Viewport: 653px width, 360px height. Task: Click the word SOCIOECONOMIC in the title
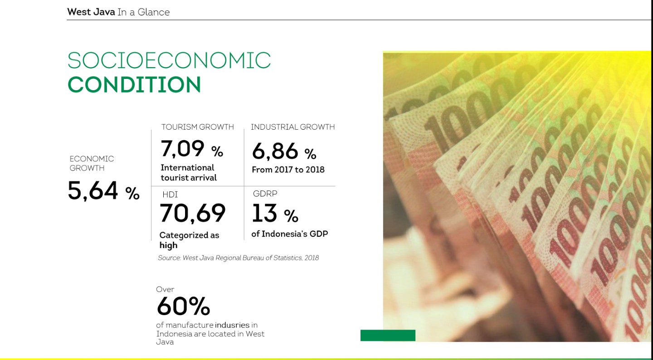[x=169, y=60]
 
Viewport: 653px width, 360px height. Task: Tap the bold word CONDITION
[x=134, y=84]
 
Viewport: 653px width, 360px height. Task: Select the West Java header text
[x=91, y=12]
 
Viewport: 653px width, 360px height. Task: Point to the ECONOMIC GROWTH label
[x=92, y=163]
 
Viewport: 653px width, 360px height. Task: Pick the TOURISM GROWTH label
[x=197, y=127]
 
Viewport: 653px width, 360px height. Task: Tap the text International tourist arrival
[x=189, y=173]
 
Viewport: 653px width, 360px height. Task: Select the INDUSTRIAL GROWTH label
[x=292, y=127]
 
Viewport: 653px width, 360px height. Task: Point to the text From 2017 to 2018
[x=288, y=170]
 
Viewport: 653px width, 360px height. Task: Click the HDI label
[x=170, y=195]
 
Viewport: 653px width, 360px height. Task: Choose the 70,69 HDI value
[x=192, y=213]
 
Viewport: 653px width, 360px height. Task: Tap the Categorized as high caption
[x=189, y=240]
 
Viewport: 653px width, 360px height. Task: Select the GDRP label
[x=265, y=194]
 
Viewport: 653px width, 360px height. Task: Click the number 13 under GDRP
[x=264, y=213]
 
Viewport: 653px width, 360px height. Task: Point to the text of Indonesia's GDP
[x=289, y=234]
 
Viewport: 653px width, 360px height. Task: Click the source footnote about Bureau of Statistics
[x=238, y=258]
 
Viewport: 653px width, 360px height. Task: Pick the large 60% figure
[x=183, y=306]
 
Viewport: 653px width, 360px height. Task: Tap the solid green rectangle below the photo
[x=388, y=335]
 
